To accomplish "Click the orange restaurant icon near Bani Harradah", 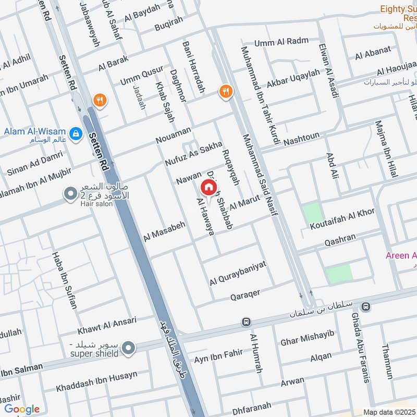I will click(225, 92).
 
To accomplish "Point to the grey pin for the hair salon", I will click(70, 195).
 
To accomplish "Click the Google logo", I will click(22, 409).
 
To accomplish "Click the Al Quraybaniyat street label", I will click(238, 274).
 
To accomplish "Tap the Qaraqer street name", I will click(245, 295).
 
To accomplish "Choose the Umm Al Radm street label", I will click(281, 42).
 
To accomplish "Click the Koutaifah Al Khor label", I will click(342, 219).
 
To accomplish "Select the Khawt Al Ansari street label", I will click(107, 325).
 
